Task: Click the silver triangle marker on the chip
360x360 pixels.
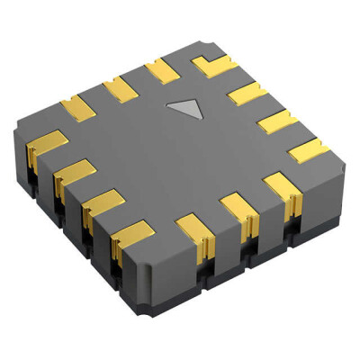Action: [x=188, y=110]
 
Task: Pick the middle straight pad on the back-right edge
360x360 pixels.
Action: [x=274, y=121]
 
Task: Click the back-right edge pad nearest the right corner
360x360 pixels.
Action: [x=308, y=149]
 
